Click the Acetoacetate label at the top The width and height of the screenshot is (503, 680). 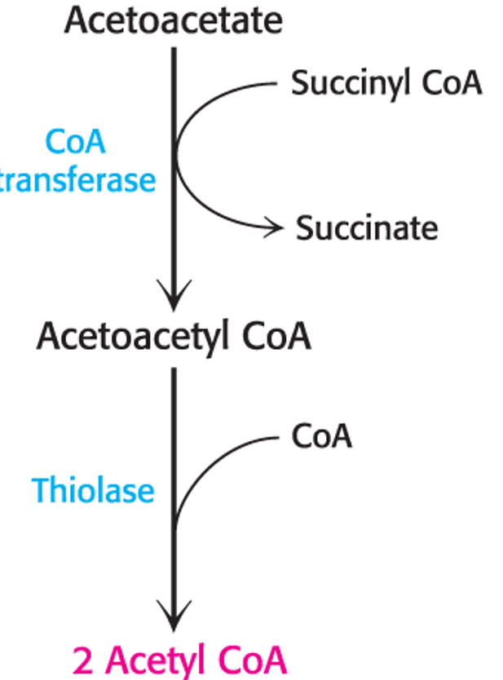173,20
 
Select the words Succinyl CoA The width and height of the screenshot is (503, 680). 386,83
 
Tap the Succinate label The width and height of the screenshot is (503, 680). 366,228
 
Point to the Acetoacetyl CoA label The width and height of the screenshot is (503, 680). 173,335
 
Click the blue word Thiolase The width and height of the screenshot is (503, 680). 93,490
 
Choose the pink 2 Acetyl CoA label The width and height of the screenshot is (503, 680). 179,659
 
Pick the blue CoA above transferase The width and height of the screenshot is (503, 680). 75,142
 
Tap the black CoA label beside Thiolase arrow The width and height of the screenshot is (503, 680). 321,436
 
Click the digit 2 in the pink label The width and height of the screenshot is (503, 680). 82,659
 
